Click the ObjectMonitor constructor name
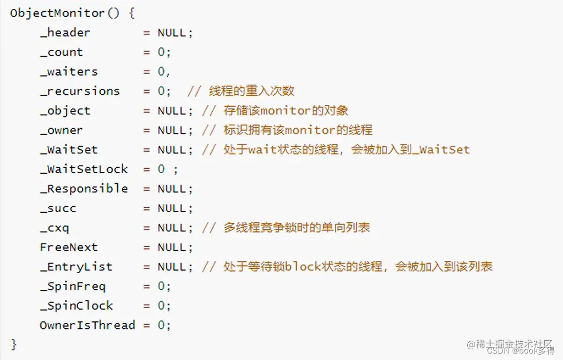pyautogui.click(x=57, y=13)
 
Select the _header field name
pyautogui.click(x=65, y=33)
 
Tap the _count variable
pyautogui.click(x=61, y=52)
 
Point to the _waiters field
pyautogui.click(x=69, y=72)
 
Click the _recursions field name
pyautogui.click(x=80, y=91)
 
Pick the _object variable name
pyautogui.click(x=65, y=111)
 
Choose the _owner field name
pyautogui.click(x=61, y=130)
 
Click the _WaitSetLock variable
pyautogui.click(x=84, y=169)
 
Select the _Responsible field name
pyautogui.click(x=84, y=189)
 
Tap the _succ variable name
pyautogui.click(x=58, y=208)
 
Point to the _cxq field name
pyautogui.click(x=54, y=228)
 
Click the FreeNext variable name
pyautogui.click(x=69, y=247)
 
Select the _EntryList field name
pyautogui.click(x=76, y=267)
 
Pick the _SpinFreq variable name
pyautogui.click(x=72, y=286)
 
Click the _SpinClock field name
pyautogui.click(x=76, y=306)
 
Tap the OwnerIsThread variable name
pyautogui.click(x=87, y=325)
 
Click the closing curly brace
pyautogui.click(x=13, y=344)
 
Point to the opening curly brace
pyautogui.click(x=131, y=13)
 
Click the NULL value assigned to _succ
pyautogui.click(x=172, y=208)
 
